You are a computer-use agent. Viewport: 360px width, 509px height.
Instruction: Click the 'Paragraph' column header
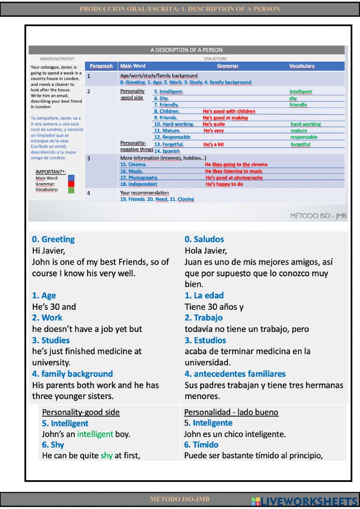(101, 66)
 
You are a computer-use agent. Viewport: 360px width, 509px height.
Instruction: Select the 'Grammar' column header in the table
(228, 66)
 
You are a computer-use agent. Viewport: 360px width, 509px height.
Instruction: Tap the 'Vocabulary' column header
(302, 66)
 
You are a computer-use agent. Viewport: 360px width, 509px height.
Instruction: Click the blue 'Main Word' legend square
(71, 178)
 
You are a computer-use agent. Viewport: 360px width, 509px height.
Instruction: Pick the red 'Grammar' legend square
(71, 184)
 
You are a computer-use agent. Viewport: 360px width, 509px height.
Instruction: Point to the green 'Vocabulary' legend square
(71, 190)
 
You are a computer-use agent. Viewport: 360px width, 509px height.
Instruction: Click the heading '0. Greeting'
(53, 239)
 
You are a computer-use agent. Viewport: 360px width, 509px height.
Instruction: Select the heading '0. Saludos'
(204, 239)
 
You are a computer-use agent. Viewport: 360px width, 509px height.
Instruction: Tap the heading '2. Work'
(47, 318)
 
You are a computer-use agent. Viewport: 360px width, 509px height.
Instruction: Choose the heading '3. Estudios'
(205, 340)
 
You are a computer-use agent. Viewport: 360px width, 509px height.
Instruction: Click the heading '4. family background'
(72, 374)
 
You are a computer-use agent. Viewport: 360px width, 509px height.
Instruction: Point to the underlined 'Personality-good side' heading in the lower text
(81, 412)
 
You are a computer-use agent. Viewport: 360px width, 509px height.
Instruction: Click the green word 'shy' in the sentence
(107, 456)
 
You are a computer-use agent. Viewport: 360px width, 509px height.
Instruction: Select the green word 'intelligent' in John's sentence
(95, 434)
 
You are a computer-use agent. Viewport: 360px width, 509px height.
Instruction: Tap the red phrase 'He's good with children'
(229, 111)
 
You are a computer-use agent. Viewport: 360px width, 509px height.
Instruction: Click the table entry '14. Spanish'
(167, 151)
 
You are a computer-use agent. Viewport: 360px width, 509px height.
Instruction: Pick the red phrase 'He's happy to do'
(224, 184)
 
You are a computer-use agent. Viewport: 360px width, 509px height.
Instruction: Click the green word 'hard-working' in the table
(306, 124)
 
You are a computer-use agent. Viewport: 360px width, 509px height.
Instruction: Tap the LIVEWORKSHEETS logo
(304, 501)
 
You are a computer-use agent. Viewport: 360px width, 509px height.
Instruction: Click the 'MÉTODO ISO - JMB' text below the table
(318, 216)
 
